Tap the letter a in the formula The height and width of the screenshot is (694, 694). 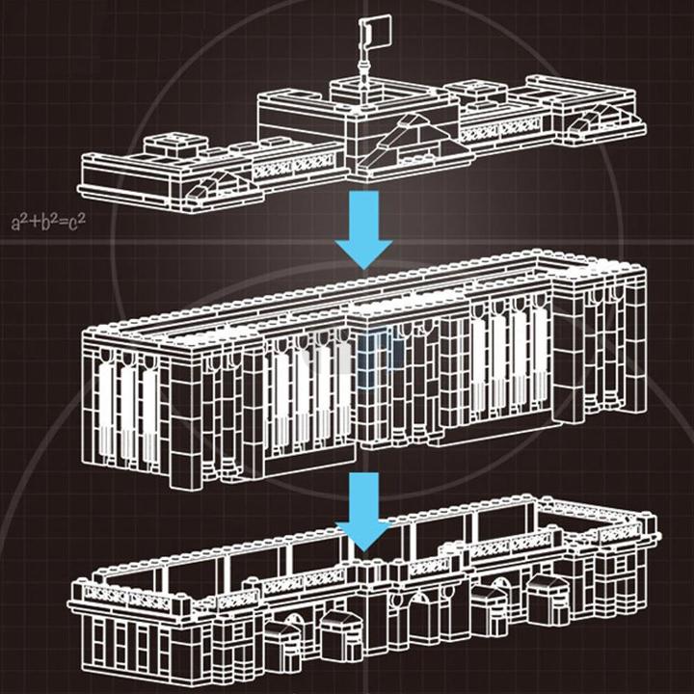16,225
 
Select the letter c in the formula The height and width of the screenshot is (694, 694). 74,225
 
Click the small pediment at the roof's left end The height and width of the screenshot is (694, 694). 217,185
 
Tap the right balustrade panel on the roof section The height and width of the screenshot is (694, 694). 501,128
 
